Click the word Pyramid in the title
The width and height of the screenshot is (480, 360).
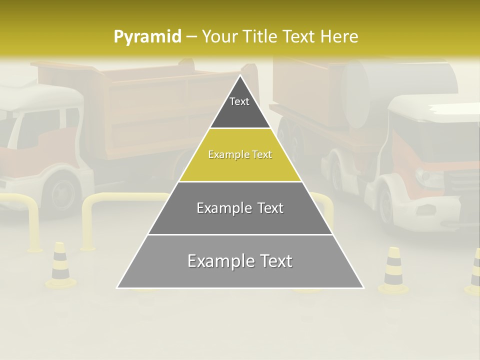pyautogui.click(x=147, y=36)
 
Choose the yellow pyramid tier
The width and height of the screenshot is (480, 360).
pyautogui.click(x=240, y=155)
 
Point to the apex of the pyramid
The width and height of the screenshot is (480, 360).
pyautogui.click(x=240, y=76)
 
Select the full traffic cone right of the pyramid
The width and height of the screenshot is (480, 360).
pyautogui.click(x=393, y=270)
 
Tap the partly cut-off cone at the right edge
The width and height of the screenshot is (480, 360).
pyautogui.click(x=474, y=272)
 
